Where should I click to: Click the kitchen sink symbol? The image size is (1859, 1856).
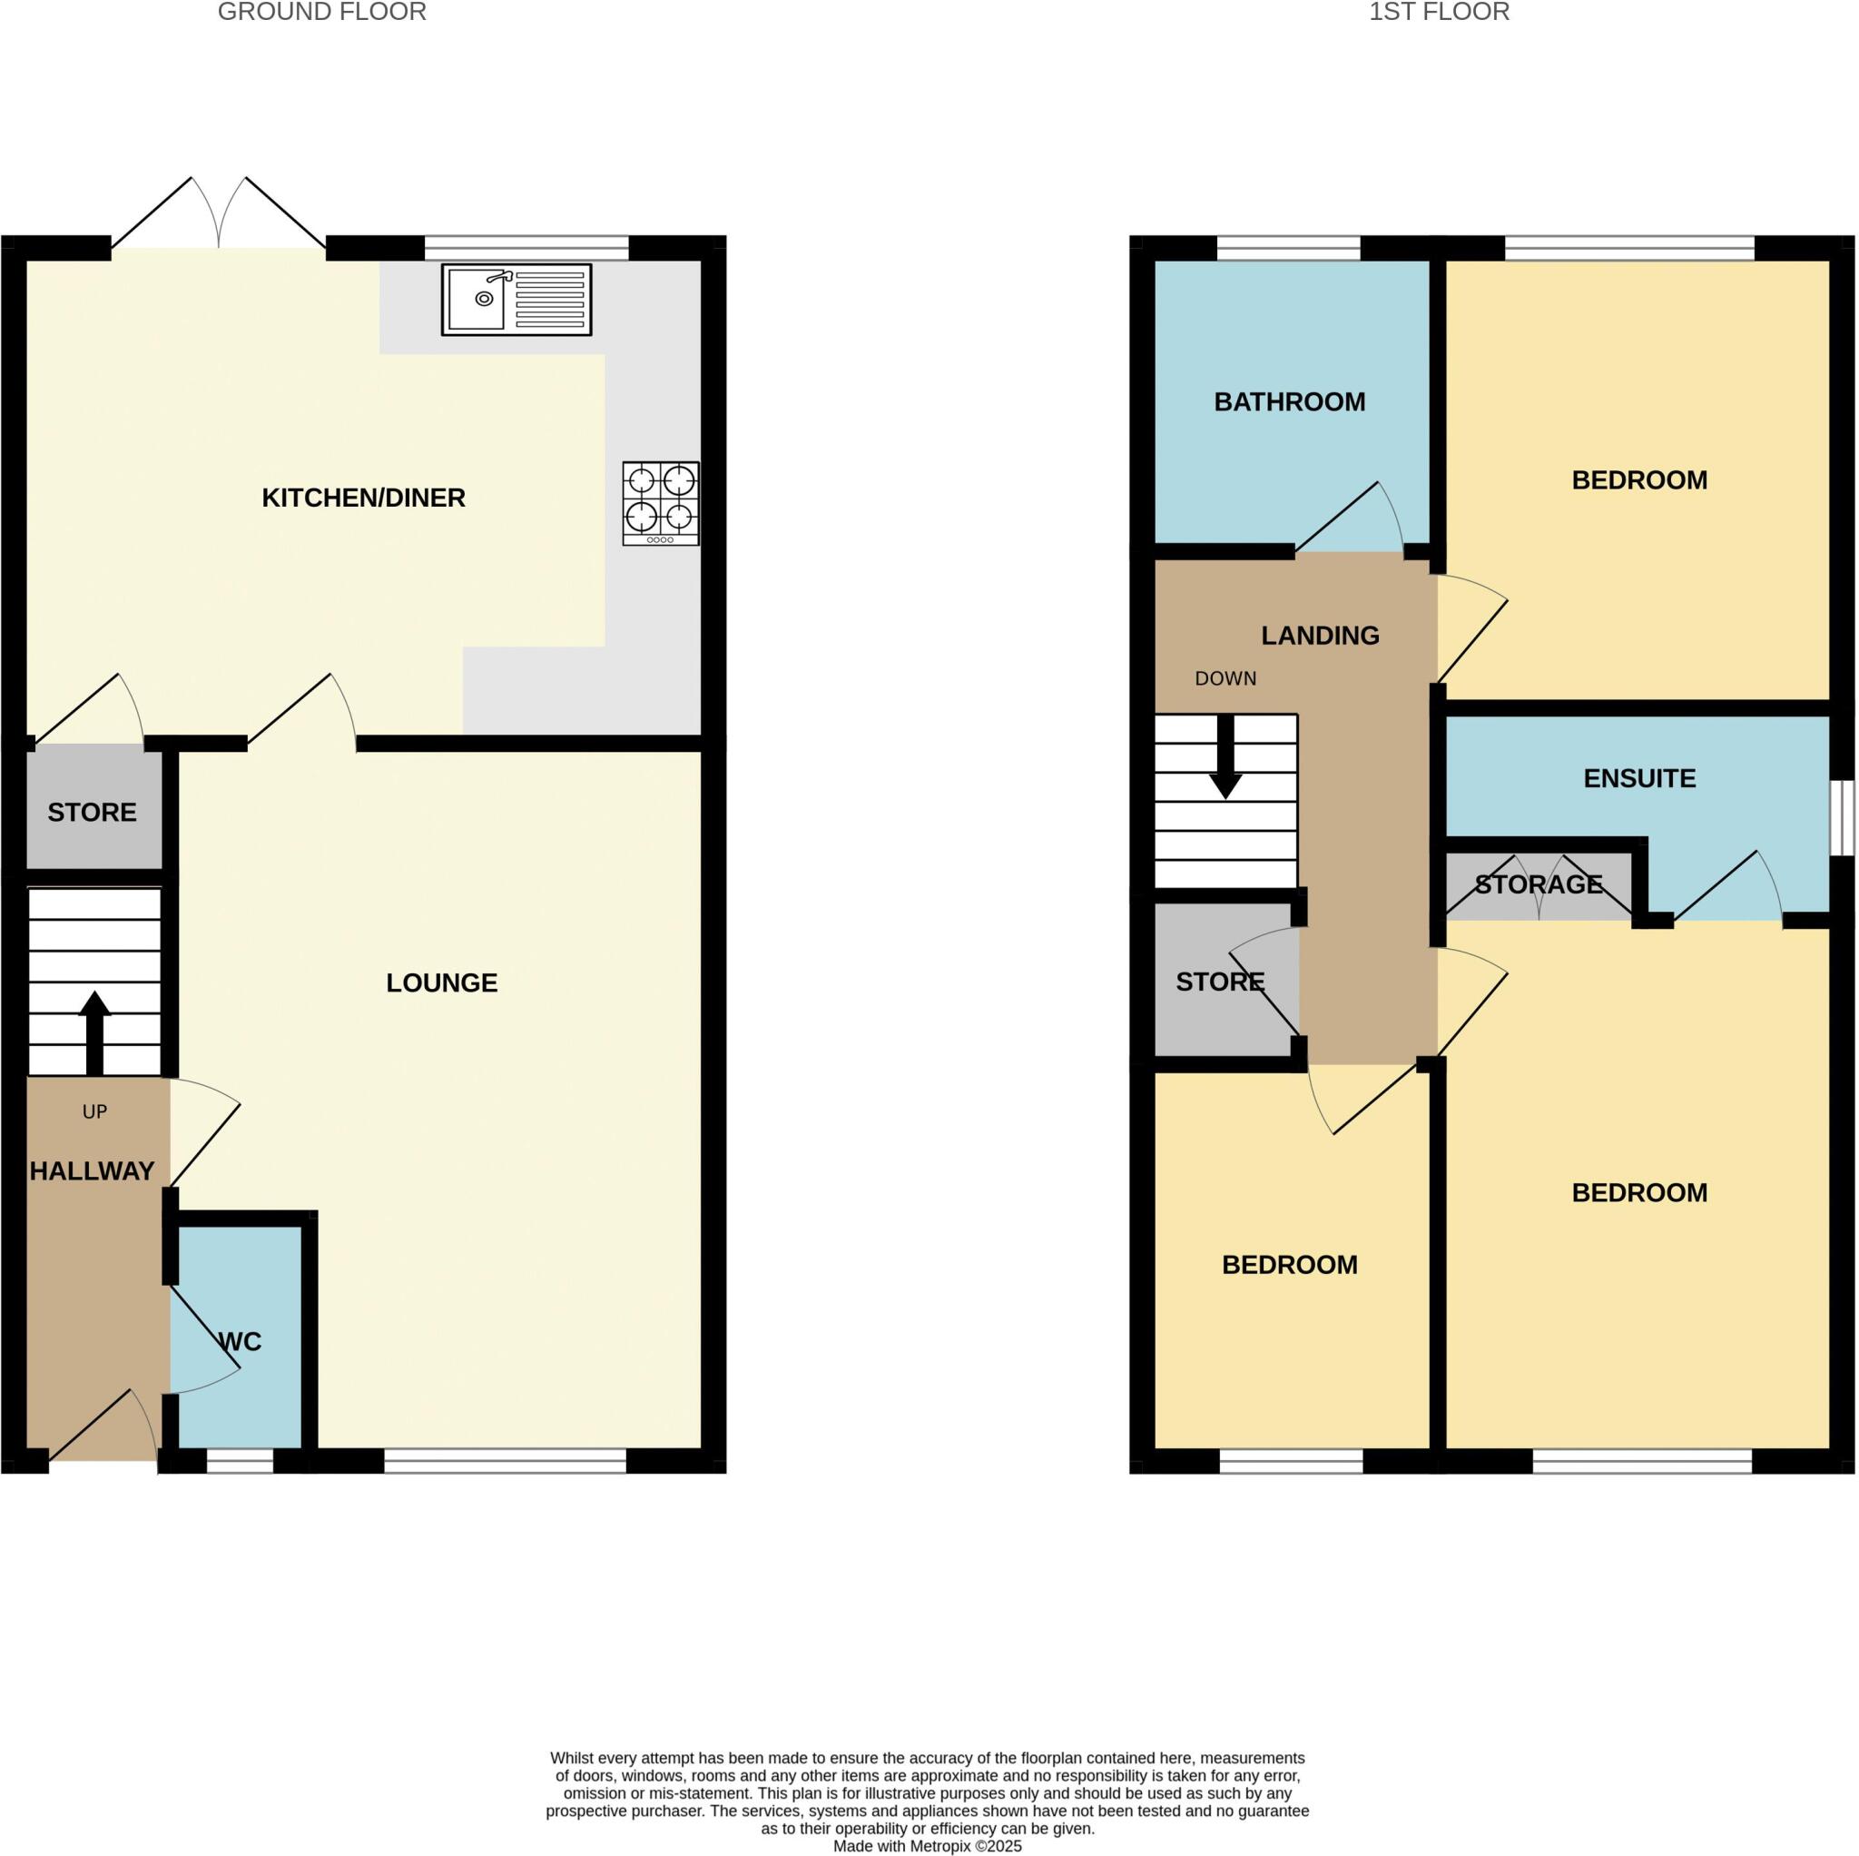(x=516, y=300)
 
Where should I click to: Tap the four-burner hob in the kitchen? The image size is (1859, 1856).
(x=660, y=503)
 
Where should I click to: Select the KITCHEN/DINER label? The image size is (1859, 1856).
(x=364, y=498)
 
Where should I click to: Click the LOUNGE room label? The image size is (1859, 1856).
(x=442, y=982)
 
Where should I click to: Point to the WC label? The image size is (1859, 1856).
(x=241, y=1342)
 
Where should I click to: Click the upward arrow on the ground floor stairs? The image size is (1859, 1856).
(x=94, y=1032)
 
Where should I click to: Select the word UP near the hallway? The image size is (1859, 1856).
(x=94, y=1111)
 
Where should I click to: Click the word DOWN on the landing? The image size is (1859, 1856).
(x=1225, y=678)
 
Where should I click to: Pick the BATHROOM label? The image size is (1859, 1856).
(x=1289, y=401)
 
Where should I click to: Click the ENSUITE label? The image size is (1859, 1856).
(x=1638, y=778)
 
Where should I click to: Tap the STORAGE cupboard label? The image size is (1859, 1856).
(x=1538, y=884)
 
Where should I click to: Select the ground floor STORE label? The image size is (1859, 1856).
(x=92, y=813)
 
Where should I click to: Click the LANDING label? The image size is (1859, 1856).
(x=1320, y=636)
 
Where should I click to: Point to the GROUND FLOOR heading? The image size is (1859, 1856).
(x=321, y=13)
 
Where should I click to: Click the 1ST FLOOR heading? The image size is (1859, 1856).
(x=1439, y=13)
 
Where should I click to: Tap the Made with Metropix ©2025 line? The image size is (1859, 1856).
(x=927, y=1845)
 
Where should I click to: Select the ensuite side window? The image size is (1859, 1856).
(x=1842, y=817)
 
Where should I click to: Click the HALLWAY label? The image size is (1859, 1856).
(x=92, y=1170)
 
